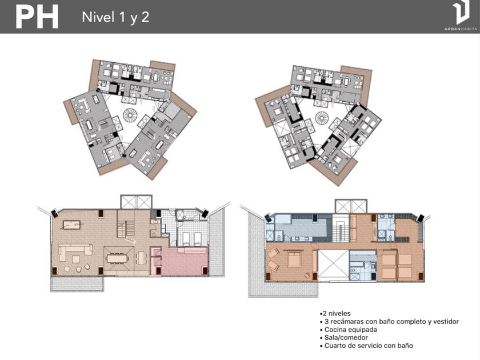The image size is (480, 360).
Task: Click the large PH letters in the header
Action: click(37, 18)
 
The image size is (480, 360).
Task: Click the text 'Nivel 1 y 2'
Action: click(115, 17)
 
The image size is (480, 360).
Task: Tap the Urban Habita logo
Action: click(461, 15)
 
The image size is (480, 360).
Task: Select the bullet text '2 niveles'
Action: click(335, 314)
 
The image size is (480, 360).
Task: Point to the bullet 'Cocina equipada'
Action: click(349, 330)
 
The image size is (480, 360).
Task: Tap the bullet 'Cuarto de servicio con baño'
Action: click(366, 346)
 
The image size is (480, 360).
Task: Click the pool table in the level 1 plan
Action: click(72, 225)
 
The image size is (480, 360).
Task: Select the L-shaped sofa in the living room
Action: click(75, 252)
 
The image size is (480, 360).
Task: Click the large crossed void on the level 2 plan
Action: click(333, 265)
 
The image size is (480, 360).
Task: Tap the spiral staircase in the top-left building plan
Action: click(131, 115)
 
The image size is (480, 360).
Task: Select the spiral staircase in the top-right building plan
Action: click(322, 118)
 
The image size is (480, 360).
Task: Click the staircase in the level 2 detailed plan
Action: click(341, 230)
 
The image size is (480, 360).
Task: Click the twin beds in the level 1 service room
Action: click(191, 238)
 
